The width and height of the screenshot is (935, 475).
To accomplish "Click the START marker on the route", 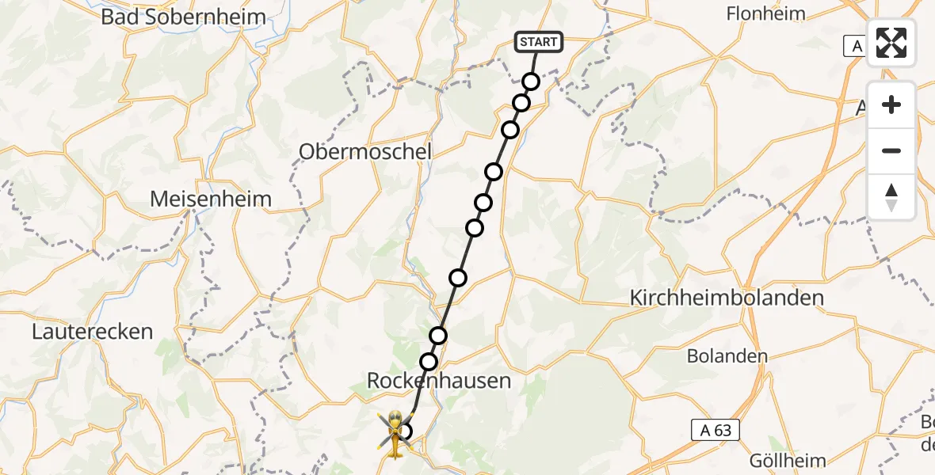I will tap(539, 42).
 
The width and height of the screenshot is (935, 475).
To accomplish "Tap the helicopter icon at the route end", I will tap(394, 432).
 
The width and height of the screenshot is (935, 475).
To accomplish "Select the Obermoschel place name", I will tap(365, 151).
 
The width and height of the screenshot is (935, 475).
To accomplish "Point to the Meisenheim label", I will tap(211, 199).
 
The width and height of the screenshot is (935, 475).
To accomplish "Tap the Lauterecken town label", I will tap(92, 331).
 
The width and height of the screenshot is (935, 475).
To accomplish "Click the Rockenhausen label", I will tap(439, 381).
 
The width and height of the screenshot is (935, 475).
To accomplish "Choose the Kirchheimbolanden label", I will tap(727, 298).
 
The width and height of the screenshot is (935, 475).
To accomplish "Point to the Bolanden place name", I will tap(727, 355).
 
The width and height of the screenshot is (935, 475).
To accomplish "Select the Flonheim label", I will tap(765, 13).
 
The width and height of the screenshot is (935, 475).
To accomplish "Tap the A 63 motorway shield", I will tap(716, 430).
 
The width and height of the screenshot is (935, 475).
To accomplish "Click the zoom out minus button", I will tap(891, 150).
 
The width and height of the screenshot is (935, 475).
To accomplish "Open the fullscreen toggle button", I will tap(891, 43).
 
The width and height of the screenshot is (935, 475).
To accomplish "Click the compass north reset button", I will tap(891, 197).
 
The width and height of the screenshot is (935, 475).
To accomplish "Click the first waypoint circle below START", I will tap(531, 82).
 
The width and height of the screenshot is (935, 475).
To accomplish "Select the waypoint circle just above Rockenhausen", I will tap(429, 362).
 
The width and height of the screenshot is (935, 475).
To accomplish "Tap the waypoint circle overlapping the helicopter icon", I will tap(405, 431).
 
